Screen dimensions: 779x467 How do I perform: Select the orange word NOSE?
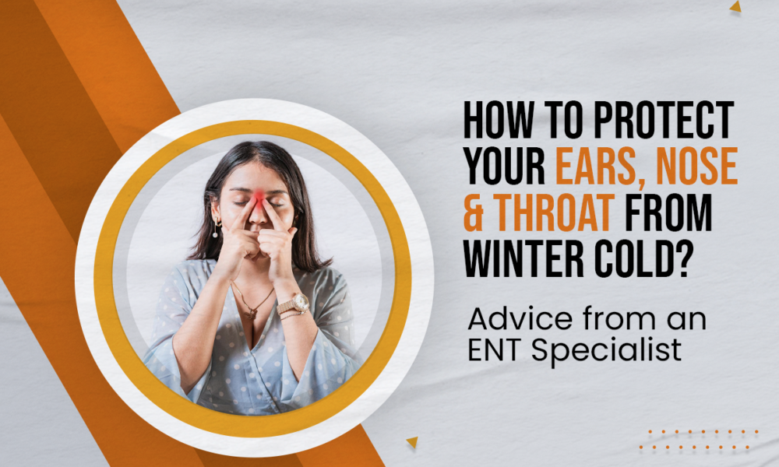[x=696, y=167]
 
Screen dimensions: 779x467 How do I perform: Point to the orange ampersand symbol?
[x=474, y=212]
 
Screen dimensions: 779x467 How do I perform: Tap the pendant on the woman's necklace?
[x=251, y=314]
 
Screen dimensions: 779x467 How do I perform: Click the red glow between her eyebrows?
[x=259, y=198]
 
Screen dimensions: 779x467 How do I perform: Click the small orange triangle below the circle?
[x=412, y=441]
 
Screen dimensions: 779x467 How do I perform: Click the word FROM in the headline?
[x=668, y=212]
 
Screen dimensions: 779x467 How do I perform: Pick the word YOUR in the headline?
[x=505, y=167]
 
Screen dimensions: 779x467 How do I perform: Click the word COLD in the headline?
[x=634, y=259]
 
